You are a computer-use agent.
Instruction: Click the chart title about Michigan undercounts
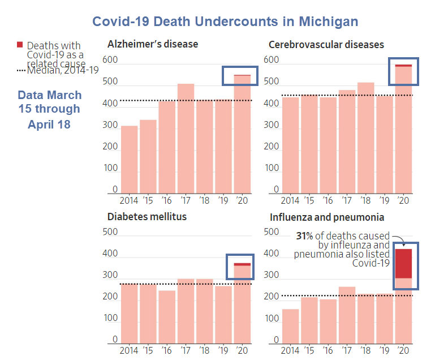point(225,22)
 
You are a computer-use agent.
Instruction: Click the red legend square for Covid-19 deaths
point(20,45)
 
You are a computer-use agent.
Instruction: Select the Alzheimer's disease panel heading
point(153,44)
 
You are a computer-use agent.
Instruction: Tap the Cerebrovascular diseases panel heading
point(326,44)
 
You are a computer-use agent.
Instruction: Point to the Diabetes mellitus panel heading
point(147,216)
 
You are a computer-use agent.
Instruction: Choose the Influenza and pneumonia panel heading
point(327,217)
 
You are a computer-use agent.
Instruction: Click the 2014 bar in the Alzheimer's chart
point(130,159)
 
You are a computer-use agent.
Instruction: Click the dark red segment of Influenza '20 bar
point(403,263)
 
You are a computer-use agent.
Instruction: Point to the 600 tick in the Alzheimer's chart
point(110,60)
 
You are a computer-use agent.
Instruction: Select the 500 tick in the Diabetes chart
point(110,232)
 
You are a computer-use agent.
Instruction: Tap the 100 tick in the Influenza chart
point(272,319)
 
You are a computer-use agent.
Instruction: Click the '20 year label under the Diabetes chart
point(243,350)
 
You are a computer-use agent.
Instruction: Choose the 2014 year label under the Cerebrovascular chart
point(290,200)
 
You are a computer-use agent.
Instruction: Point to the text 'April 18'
point(49,124)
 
